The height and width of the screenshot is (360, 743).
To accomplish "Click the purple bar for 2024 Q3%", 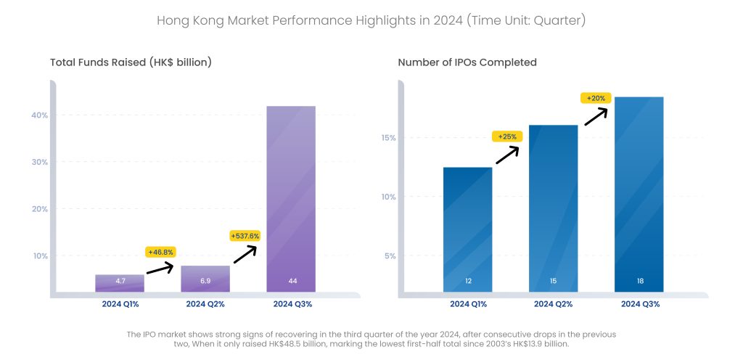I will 291,196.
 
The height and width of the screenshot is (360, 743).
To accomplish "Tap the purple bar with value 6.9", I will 205,278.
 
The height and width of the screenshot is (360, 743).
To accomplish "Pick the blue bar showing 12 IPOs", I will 467,229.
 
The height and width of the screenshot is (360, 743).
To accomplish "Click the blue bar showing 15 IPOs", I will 553,207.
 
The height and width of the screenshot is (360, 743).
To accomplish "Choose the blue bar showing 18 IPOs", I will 639,192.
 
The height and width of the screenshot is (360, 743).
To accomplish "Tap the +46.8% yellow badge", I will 160,252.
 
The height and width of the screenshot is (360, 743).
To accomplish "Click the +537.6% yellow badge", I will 245,236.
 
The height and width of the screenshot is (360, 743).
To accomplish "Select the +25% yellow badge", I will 507,136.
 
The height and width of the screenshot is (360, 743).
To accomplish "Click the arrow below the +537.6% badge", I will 245,253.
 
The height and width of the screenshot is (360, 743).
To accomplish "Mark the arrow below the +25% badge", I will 508,155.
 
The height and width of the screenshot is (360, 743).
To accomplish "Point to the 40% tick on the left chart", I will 39,115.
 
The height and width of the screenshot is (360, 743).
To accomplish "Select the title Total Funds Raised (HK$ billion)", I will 131,62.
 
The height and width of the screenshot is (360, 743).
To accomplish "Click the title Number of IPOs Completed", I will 467,62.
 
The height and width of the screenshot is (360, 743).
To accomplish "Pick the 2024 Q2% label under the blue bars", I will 553,304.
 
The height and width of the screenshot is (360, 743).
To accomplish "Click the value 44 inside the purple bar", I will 291,281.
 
